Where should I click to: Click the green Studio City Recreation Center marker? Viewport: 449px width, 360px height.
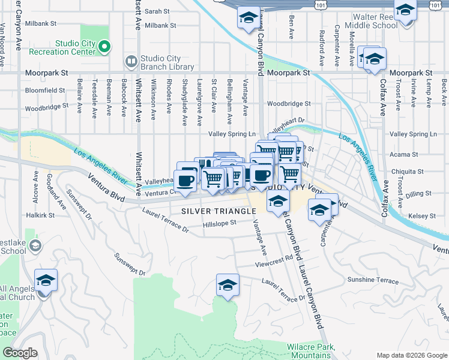coord(104,47)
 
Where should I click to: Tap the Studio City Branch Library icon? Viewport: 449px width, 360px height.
coord(130,62)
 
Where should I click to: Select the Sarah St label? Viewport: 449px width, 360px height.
coord(157,11)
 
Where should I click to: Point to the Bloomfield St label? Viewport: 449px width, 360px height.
coord(45,91)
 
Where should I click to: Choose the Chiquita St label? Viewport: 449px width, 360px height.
coord(407,172)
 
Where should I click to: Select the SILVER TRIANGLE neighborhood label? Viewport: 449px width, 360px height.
coord(218,211)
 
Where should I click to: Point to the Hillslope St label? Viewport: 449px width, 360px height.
coord(220,223)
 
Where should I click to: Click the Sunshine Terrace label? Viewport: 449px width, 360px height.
coord(372,280)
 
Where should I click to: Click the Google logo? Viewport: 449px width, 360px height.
coord(20,353)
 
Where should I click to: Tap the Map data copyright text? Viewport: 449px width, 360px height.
coord(411,355)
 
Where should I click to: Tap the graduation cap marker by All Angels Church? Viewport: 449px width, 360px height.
coord(46,282)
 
